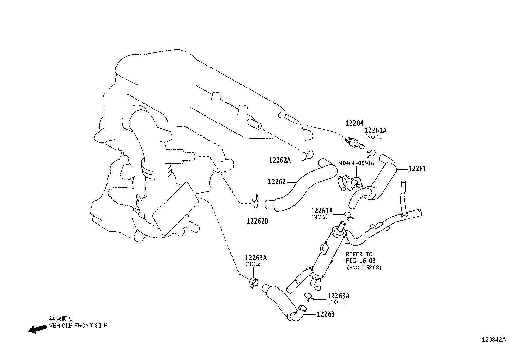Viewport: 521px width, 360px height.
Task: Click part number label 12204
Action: click(x=354, y=123)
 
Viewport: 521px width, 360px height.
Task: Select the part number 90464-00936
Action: click(x=356, y=163)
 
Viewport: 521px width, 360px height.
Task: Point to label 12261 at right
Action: click(x=417, y=169)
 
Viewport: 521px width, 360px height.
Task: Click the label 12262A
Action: click(x=280, y=160)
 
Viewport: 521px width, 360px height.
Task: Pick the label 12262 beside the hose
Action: click(x=277, y=182)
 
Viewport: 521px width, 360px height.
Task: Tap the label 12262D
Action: click(x=257, y=221)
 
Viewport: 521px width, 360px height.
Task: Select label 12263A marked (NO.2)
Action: click(x=256, y=258)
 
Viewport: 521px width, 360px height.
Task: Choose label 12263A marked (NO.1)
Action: click(x=338, y=296)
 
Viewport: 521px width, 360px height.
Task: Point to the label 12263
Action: click(x=326, y=314)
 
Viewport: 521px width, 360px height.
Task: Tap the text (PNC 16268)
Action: click(x=364, y=268)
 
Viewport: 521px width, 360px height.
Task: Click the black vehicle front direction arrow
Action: click(x=37, y=329)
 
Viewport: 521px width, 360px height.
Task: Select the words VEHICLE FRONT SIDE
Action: click(x=78, y=326)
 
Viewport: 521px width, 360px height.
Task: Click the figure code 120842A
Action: click(x=493, y=340)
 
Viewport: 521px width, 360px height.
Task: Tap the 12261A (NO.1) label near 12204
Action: click(x=375, y=131)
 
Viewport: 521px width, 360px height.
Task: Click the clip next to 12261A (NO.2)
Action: click(x=349, y=216)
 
